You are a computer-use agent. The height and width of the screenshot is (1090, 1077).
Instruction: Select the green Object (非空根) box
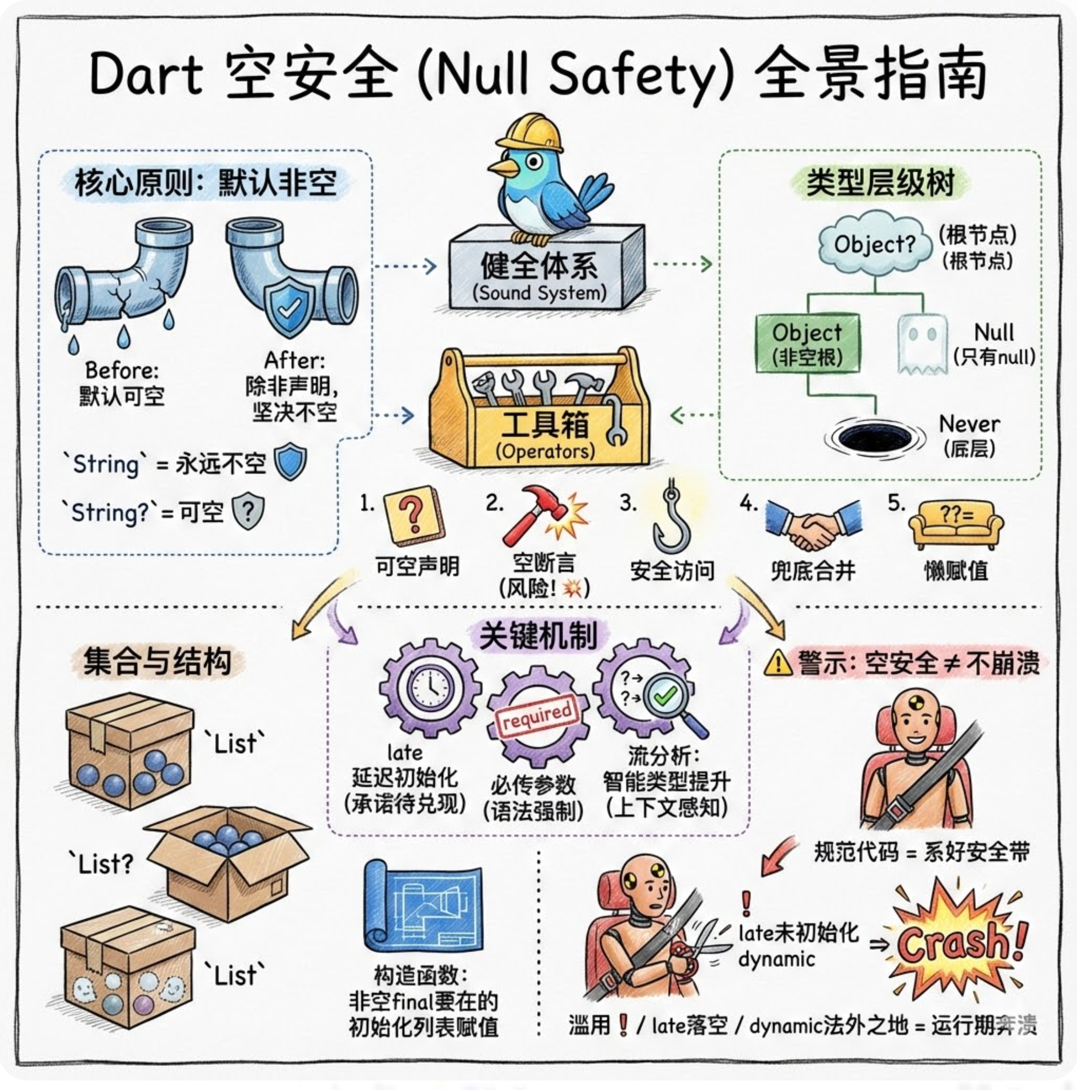807,344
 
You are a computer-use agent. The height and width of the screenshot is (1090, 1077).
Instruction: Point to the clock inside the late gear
430,689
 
